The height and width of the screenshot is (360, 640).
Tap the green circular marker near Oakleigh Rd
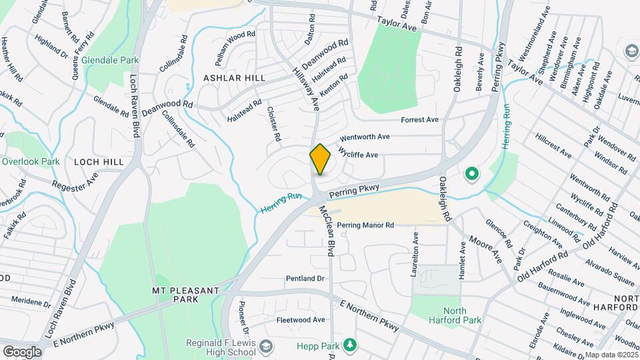tap(472, 175)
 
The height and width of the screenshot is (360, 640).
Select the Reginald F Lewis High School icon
tap(266, 347)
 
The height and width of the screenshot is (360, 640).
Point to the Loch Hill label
tap(99, 161)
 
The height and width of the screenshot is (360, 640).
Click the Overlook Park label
tap(31, 161)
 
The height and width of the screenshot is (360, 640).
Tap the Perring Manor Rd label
tap(365, 225)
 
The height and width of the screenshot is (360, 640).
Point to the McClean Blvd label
tap(327, 230)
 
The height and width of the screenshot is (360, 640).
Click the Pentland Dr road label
tap(305, 278)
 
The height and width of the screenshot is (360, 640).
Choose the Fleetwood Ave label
tap(301, 320)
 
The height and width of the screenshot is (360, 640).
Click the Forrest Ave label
tap(419, 120)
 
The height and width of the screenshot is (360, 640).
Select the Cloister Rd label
tap(274, 123)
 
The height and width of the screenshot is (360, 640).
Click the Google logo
tap(22, 352)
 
